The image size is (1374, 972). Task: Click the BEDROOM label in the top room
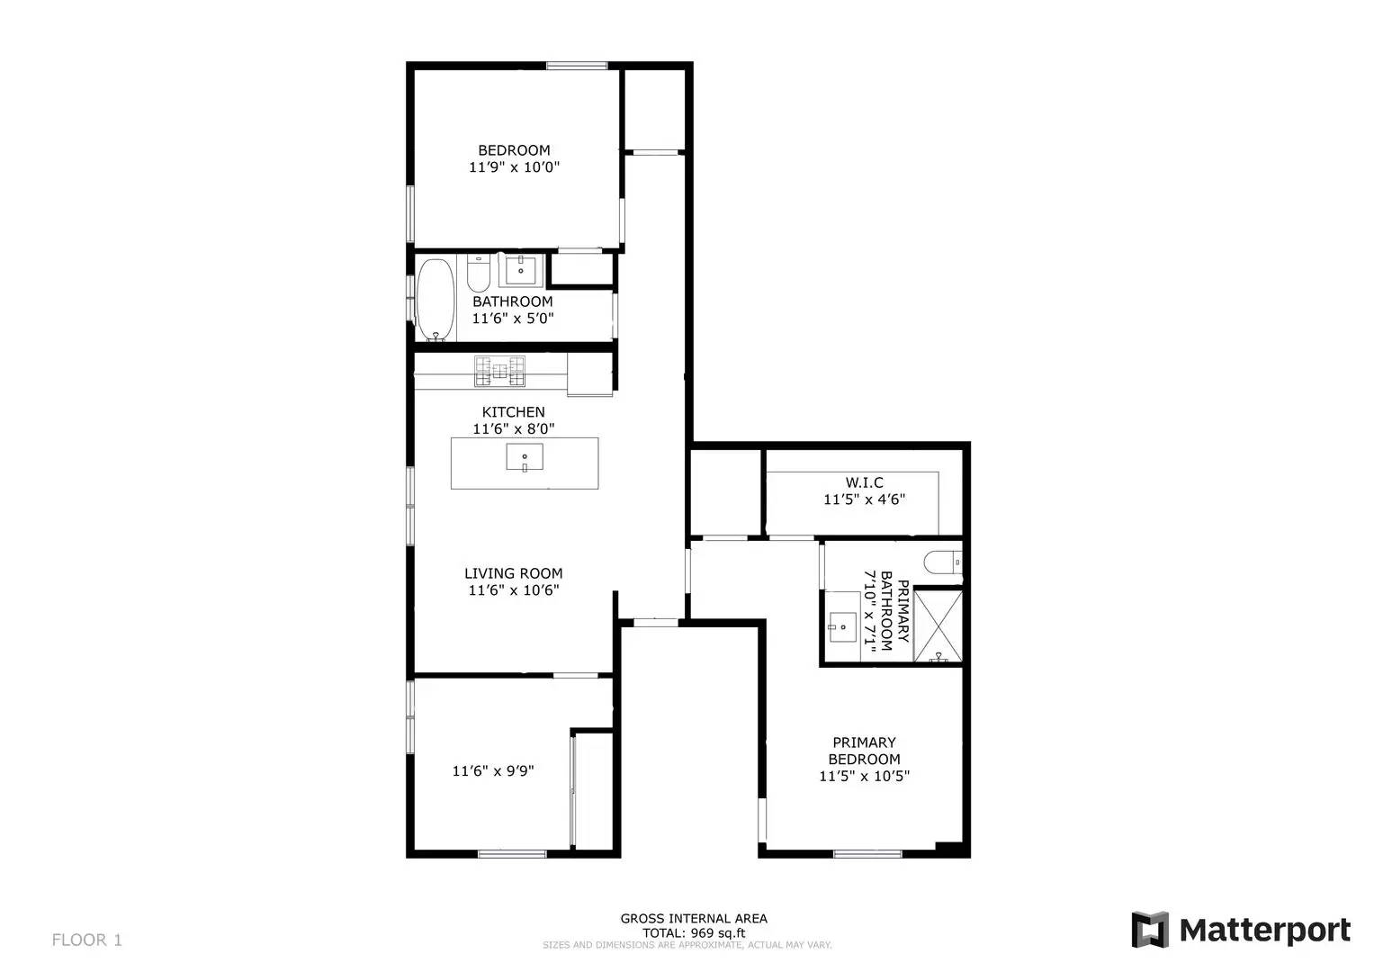[514, 150]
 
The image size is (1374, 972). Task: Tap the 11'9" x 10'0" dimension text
[514, 167]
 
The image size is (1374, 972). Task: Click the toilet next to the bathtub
[478, 272]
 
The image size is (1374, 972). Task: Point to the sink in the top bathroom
[520, 269]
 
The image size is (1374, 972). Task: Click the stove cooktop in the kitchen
[500, 371]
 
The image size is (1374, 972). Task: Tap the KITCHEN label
[513, 412]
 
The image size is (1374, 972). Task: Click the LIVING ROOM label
[513, 573]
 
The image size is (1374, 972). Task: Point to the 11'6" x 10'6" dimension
[513, 590]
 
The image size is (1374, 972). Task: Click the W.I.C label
[864, 483]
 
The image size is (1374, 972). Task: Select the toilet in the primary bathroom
[944, 562]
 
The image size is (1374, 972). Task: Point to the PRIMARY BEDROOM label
[864, 751]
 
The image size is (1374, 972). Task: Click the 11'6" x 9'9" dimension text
[493, 770]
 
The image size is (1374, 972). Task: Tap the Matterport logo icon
[1149, 930]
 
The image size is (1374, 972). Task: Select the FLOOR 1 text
[86, 940]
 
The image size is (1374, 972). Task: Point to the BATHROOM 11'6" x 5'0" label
[512, 310]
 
